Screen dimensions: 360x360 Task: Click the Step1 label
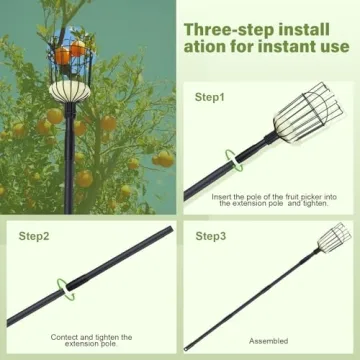pos(209,97)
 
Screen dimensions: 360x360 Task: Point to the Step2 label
pos(34,236)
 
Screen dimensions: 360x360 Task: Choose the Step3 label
pos(210,236)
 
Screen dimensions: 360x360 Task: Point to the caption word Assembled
pos(268,341)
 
